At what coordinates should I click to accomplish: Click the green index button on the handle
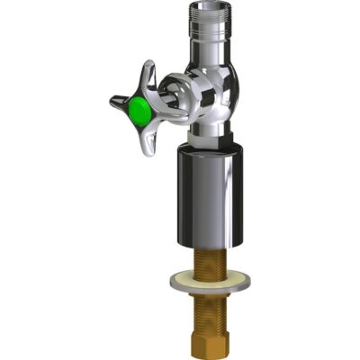click(138, 111)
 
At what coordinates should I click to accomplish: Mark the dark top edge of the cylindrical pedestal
click(206, 151)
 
